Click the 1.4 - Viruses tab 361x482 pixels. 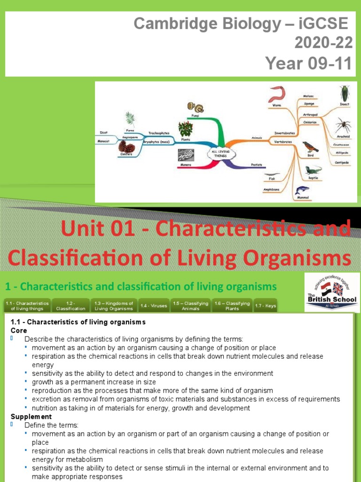tap(153, 306)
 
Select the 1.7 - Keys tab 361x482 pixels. tap(266, 306)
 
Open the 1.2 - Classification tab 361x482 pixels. tap(71, 306)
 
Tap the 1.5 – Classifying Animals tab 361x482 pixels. tap(190, 306)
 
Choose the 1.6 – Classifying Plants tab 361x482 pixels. tap(232, 306)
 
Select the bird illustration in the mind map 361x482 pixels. tap(310, 146)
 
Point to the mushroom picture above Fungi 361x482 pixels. tap(193, 107)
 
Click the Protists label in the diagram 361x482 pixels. tap(256, 165)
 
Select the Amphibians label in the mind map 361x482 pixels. tap(271, 190)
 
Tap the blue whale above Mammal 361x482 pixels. tap(301, 190)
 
